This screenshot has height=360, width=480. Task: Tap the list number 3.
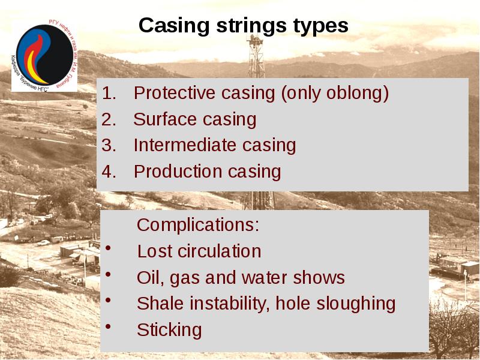tap(108, 146)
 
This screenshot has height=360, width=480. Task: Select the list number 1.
tap(108, 94)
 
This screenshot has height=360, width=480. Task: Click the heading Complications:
tap(198, 226)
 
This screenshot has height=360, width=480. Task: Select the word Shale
tap(161, 304)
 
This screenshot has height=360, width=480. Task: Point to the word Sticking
tap(169, 330)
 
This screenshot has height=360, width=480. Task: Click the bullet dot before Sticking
tap(107, 328)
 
